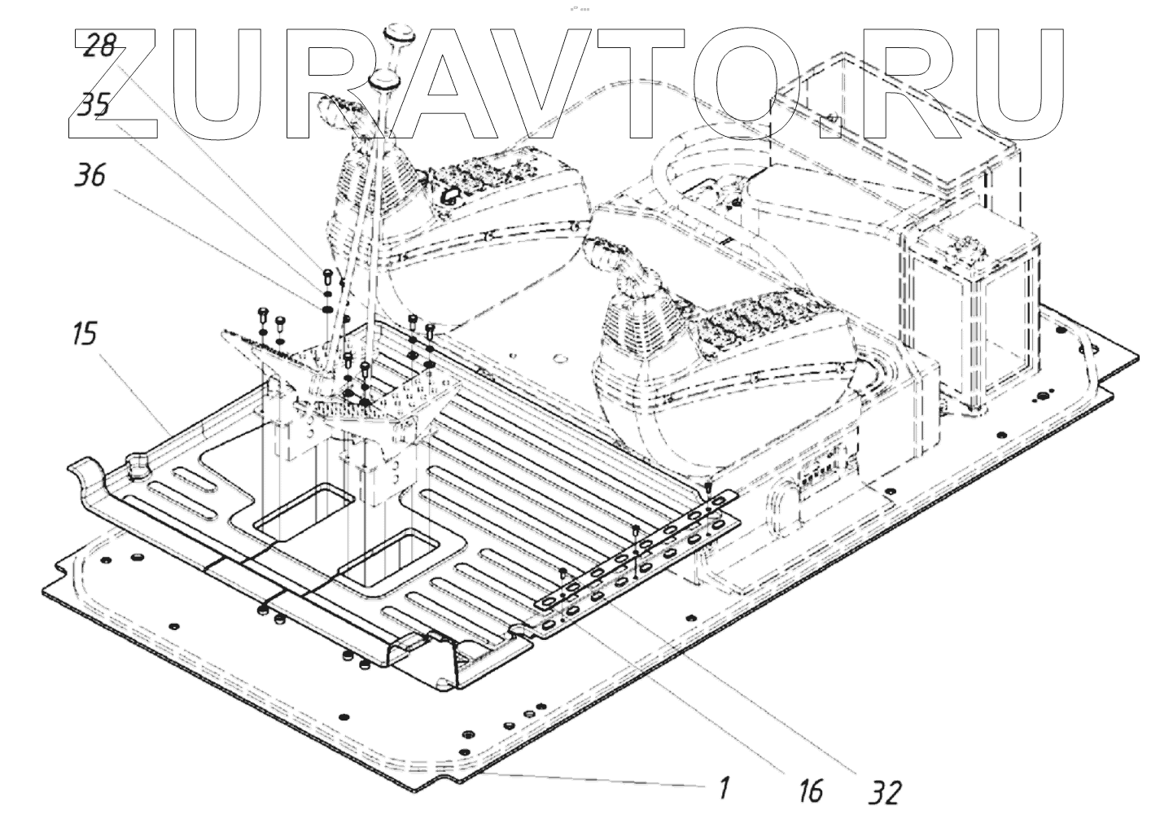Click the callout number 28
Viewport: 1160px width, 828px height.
point(100,45)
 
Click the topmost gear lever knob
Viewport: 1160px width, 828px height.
point(401,33)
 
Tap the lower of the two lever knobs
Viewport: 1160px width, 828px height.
point(383,81)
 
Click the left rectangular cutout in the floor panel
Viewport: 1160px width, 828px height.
point(303,513)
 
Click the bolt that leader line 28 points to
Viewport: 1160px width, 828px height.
point(325,274)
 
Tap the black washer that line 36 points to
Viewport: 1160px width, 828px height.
point(325,309)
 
